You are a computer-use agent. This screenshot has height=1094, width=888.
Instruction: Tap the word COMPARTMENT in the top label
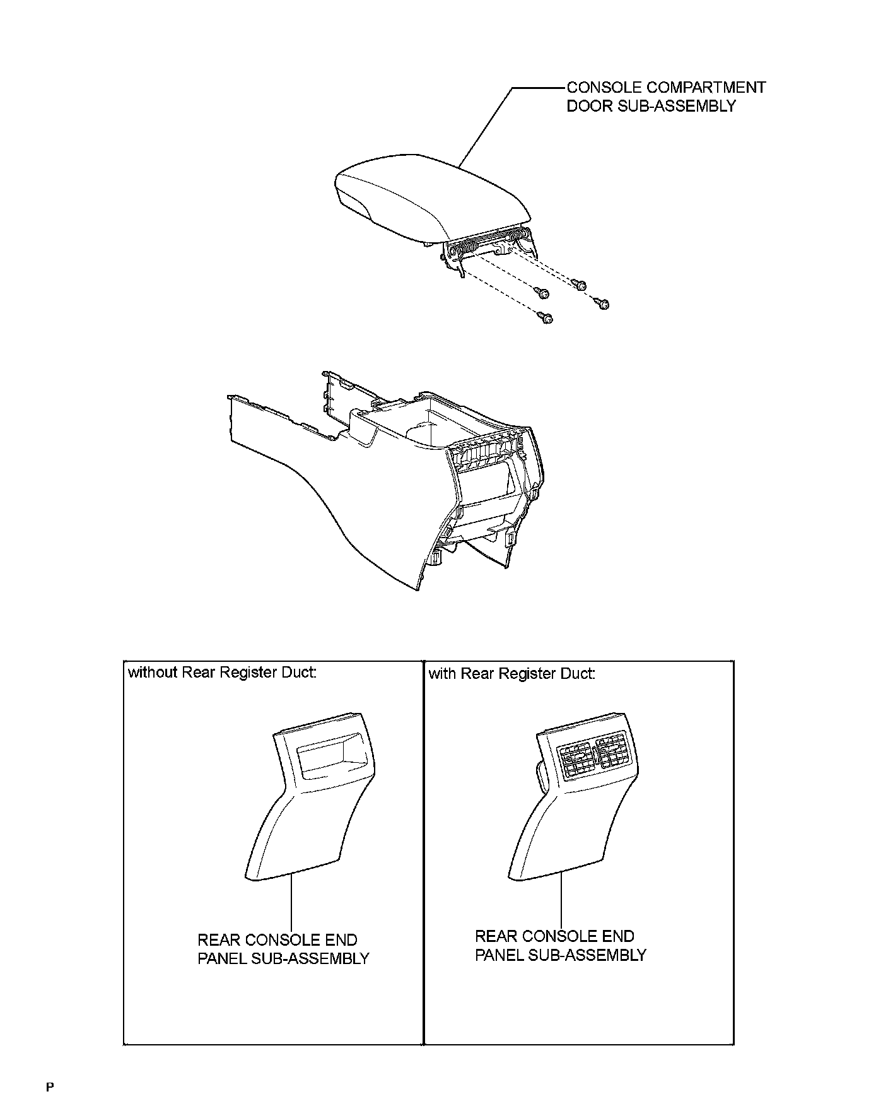706,88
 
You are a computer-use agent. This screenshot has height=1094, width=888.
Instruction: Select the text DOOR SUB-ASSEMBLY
651,106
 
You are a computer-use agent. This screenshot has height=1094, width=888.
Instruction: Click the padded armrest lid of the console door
429,192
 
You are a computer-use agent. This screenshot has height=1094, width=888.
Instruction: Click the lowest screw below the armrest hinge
546,318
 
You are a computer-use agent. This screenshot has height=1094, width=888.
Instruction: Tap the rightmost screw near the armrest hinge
604,305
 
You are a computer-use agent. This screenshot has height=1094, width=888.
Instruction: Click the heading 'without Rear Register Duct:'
222,673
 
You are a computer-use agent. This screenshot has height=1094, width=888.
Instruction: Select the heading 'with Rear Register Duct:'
511,674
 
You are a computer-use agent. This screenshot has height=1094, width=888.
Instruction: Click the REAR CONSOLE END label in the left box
277,940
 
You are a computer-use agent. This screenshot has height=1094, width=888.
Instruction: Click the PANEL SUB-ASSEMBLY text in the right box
561,955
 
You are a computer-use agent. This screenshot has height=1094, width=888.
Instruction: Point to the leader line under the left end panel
291,902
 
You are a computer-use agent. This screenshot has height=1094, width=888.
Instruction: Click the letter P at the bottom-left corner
50,1086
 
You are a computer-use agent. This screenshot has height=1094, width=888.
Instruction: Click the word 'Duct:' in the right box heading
578,674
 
